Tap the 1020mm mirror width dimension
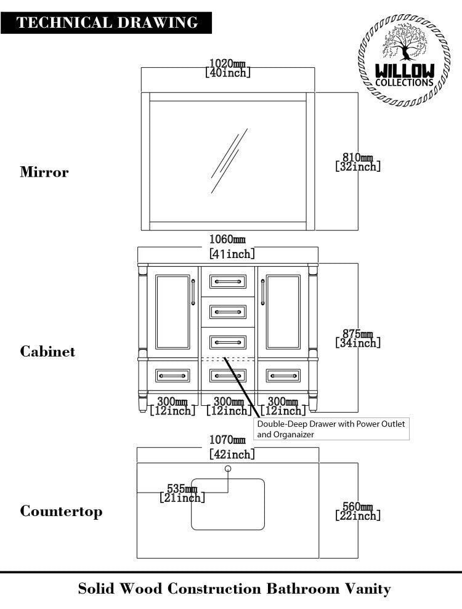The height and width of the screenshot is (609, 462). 228,68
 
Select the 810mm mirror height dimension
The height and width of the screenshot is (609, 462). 358,162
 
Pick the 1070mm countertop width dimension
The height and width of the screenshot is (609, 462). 228,448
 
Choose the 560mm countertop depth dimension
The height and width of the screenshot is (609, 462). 358,511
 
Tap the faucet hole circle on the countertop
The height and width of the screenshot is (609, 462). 228,469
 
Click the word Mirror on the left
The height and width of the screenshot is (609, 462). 44,172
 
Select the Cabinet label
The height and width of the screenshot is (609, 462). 48,352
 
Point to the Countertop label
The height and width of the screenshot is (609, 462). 62,512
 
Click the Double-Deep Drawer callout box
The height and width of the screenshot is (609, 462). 332,429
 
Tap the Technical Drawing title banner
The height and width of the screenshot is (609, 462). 107,23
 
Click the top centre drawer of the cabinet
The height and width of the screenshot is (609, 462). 228,282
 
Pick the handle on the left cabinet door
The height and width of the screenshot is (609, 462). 193,292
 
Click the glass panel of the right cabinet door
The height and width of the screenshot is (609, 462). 283,312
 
